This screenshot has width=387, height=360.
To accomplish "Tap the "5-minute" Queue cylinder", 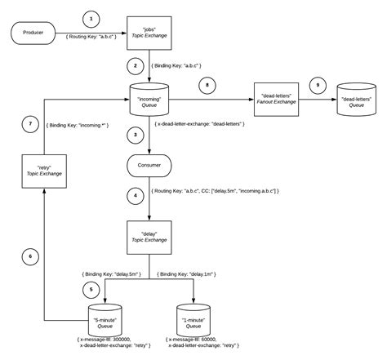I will (107, 314).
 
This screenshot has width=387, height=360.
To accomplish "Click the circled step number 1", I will (91, 17).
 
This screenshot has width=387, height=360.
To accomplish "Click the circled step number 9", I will (318, 83).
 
